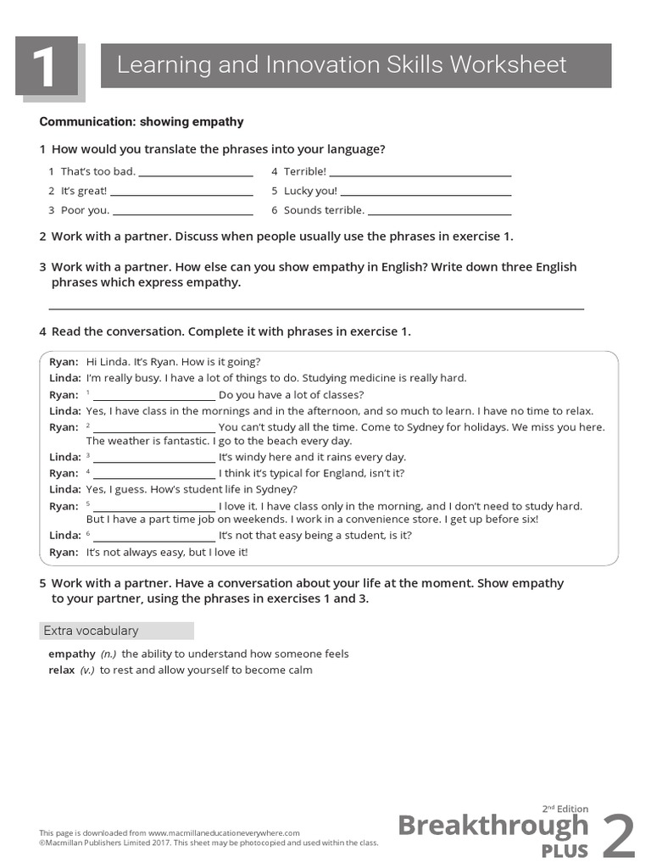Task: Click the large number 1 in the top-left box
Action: point(44,68)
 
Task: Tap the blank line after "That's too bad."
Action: point(195,175)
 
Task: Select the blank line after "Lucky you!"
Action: point(426,194)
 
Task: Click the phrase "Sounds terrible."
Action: point(324,210)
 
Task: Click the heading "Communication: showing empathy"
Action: point(142,122)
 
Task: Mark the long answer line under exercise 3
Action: point(316,309)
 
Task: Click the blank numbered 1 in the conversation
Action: point(153,398)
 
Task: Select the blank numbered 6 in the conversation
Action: point(153,540)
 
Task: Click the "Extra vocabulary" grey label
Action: point(116,631)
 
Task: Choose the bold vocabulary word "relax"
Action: point(62,670)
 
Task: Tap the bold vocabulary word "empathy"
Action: point(72,654)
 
